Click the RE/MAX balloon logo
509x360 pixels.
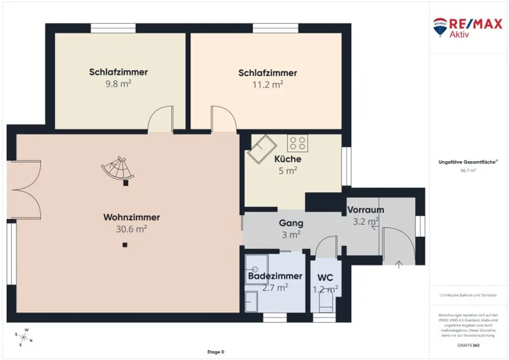click(x=440, y=27)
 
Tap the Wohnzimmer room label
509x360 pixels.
click(x=131, y=217)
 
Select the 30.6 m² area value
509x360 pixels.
click(x=131, y=229)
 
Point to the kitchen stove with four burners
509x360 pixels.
click(x=297, y=143)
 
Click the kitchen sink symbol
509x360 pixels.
click(x=263, y=148)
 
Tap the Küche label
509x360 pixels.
click(x=288, y=159)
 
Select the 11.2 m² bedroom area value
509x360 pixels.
click(x=267, y=85)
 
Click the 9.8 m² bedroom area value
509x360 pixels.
click(x=118, y=84)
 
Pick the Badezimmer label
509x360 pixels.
click(x=275, y=276)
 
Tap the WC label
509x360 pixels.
click(x=325, y=277)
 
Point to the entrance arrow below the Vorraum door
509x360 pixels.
click(x=398, y=264)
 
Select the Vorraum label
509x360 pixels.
click(x=365, y=209)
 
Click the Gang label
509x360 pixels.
click(x=291, y=223)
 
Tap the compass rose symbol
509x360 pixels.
click(x=23, y=337)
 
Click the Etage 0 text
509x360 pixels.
click(x=215, y=352)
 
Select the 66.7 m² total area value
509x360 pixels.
click(x=468, y=171)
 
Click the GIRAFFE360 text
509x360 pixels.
click(x=468, y=345)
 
